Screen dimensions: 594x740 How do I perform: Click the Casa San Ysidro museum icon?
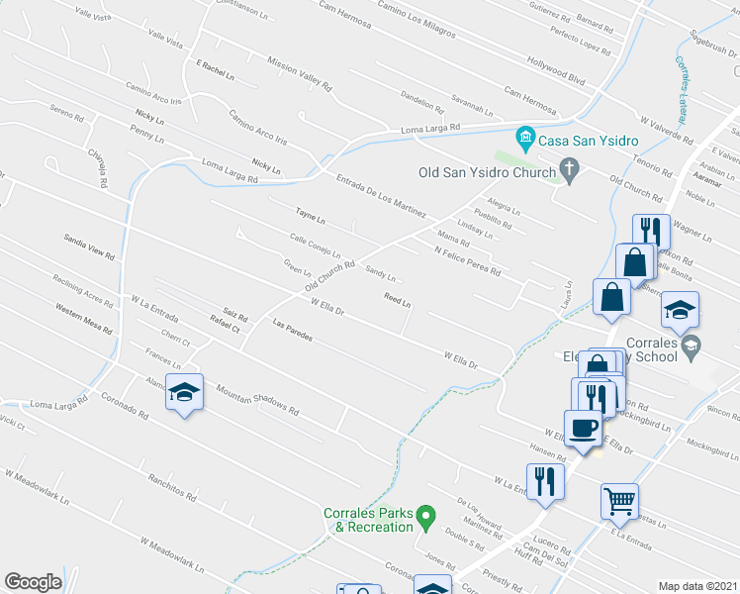525,136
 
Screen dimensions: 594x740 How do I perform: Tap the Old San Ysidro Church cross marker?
569,171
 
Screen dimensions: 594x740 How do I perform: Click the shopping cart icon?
619,501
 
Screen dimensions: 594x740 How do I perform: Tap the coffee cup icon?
583,428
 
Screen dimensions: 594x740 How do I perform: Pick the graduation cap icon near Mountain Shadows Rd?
184,393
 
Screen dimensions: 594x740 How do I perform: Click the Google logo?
34,582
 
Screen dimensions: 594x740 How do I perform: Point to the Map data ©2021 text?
697,586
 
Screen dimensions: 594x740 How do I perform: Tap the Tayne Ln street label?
310,215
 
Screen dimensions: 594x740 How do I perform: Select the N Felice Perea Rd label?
467,259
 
